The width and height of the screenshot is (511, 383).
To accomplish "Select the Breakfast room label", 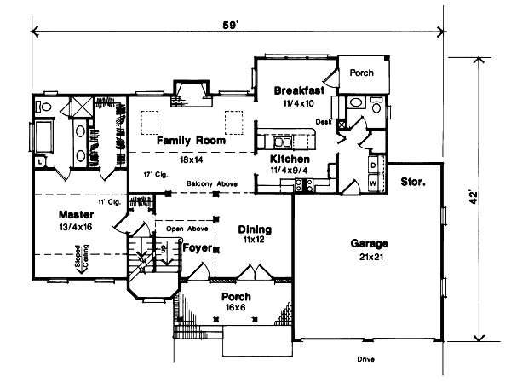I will pyautogui.click(x=298, y=90).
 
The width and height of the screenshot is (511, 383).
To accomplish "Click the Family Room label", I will pyautogui.click(x=191, y=140).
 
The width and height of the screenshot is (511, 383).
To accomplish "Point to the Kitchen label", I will pyautogui.click(x=290, y=160).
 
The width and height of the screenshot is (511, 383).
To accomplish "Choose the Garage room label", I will pyautogui.click(x=369, y=243).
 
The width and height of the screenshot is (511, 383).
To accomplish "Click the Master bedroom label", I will pyautogui.click(x=75, y=214).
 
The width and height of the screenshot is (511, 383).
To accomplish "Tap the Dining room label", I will pyautogui.click(x=255, y=229).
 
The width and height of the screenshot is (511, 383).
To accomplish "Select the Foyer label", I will pyautogui.click(x=197, y=248).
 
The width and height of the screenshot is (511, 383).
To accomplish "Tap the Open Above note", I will pyautogui.click(x=186, y=229).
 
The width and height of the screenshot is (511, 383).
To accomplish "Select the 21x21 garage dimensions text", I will pyautogui.click(x=369, y=256).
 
